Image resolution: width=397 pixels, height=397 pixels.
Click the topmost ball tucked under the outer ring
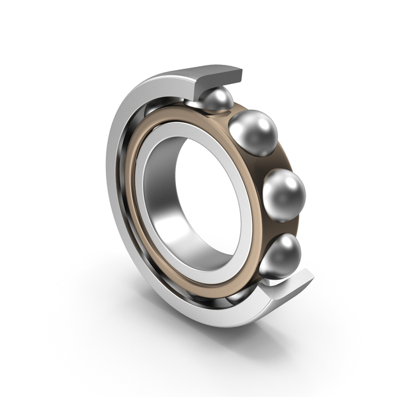click(x=216, y=100)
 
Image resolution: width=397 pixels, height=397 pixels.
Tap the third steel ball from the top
click(x=284, y=194)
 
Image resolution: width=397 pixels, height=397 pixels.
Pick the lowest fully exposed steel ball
click(x=280, y=255)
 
